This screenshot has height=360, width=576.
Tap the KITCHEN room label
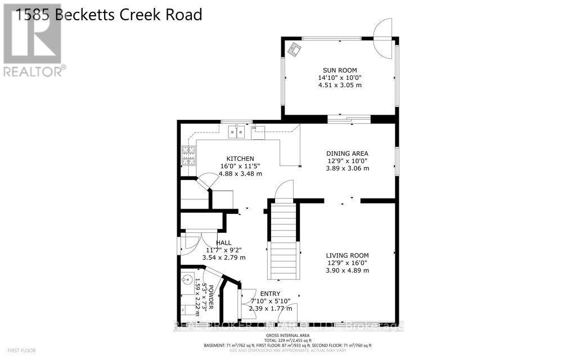coord(241,159)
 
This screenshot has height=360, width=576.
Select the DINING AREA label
coord(348,153)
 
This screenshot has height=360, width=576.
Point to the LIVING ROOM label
coord(347,255)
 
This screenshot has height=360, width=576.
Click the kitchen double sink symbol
coord(236,132)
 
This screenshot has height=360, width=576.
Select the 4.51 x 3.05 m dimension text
coord(339,85)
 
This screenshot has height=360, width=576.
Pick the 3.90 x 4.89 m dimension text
coord(347,271)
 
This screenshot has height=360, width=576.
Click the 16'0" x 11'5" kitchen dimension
coord(241,166)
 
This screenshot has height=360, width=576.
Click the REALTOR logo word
coord(32,72)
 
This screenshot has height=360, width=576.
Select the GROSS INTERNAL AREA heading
coord(287,335)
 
